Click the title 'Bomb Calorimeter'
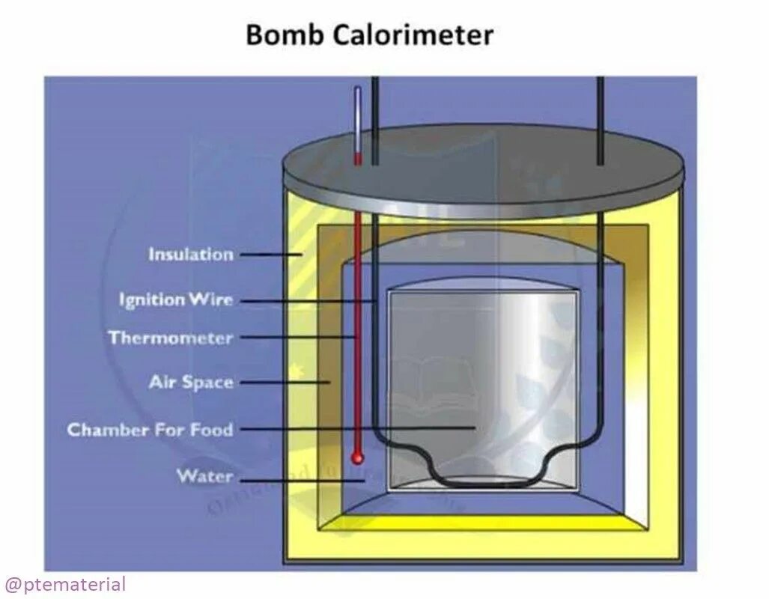(x=369, y=35)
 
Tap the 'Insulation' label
(x=191, y=255)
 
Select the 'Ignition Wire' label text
(x=176, y=300)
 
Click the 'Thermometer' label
(x=171, y=338)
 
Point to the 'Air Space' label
(x=191, y=383)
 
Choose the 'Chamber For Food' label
(x=150, y=430)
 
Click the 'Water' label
(x=204, y=476)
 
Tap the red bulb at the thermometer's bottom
(x=357, y=457)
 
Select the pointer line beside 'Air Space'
(x=285, y=383)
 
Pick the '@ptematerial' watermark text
(x=65, y=584)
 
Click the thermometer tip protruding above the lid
(x=358, y=120)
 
